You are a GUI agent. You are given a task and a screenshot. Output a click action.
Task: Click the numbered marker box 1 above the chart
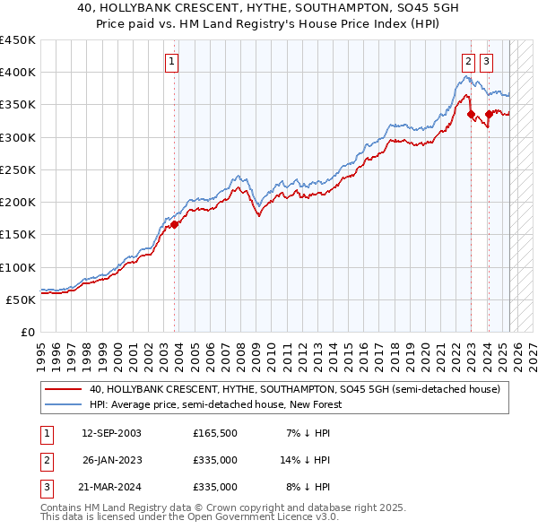click(171, 62)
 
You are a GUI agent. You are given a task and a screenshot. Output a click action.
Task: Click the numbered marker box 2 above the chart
click(468, 62)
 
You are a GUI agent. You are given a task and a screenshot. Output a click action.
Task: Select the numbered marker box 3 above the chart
click(486, 62)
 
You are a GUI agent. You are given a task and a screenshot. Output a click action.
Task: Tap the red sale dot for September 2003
click(175, 224)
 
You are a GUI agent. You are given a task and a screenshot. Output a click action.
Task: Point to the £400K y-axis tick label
click(18, 73)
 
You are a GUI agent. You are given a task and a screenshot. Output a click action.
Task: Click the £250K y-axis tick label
click(18, 169)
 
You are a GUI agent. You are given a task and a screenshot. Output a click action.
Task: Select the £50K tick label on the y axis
click(22, 299)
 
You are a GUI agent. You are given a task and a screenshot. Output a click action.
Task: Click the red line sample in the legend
click(63, 389)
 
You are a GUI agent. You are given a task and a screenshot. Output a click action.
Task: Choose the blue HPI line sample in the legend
click(63, 404)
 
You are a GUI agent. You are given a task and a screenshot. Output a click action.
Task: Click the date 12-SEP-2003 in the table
click(111, 433)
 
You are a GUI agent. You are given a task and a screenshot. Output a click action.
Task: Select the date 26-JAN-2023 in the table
click(111, 460)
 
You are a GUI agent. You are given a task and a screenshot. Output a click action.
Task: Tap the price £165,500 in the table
click(215, 433)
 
